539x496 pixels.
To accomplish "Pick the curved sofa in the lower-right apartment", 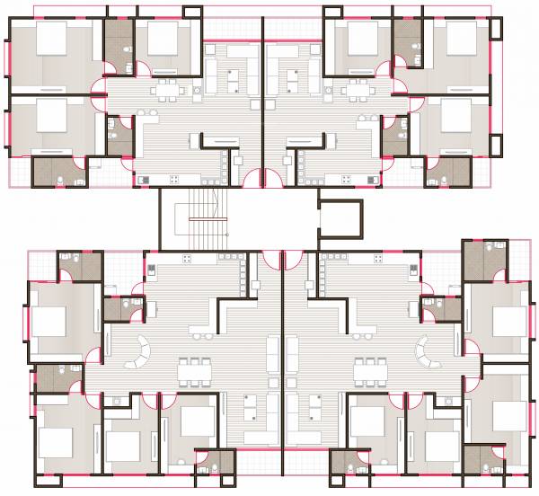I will point(423,352).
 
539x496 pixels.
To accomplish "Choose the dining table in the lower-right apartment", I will point(369,368).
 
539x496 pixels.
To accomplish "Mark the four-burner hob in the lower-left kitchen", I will point(186,260).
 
